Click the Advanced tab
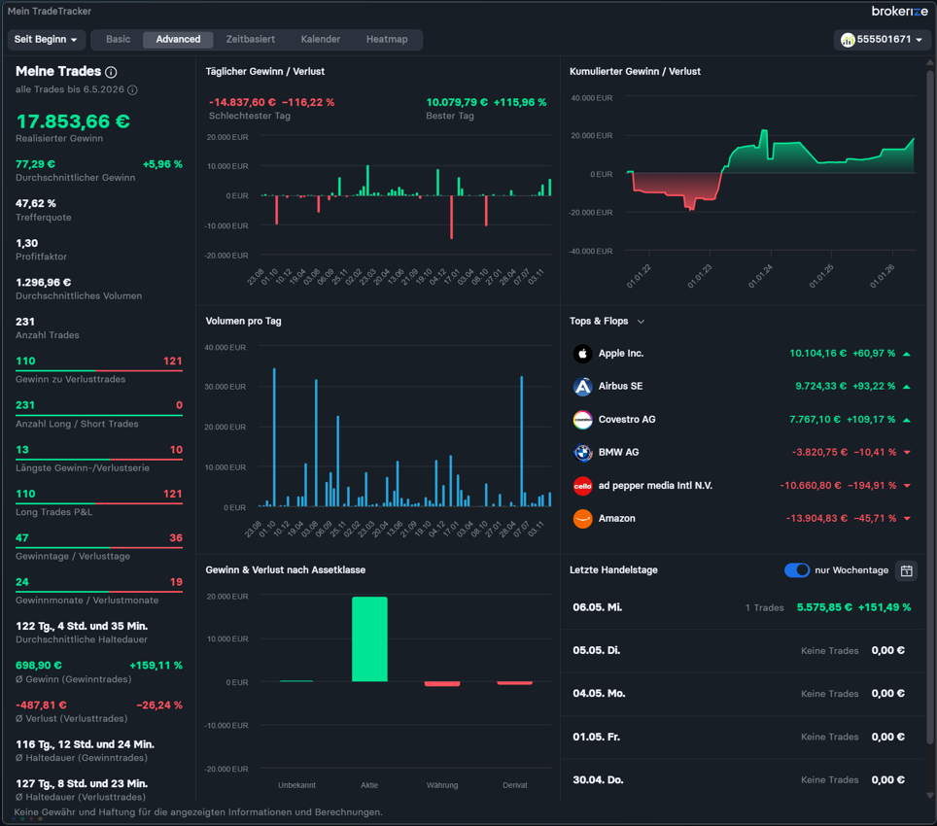click(178, 40)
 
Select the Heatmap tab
click(387, 40)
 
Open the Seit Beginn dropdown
click(46, 40)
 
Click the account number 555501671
click(884, 40)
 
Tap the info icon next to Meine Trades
click(111, 72)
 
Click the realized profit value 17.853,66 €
click(73, 121)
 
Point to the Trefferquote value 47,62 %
click(36, 204)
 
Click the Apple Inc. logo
click(582, 354)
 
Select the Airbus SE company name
click(621, 387)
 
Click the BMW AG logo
click(582, 453)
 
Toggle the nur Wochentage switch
click(797, 570)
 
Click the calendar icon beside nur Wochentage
click(907, 570)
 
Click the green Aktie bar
click(369, 639)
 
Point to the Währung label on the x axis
click(442, 785)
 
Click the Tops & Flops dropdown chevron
click(642, 322)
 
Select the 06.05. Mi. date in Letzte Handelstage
click(598, 607)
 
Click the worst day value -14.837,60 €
click(242, 103)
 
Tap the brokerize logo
click(900, 12)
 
